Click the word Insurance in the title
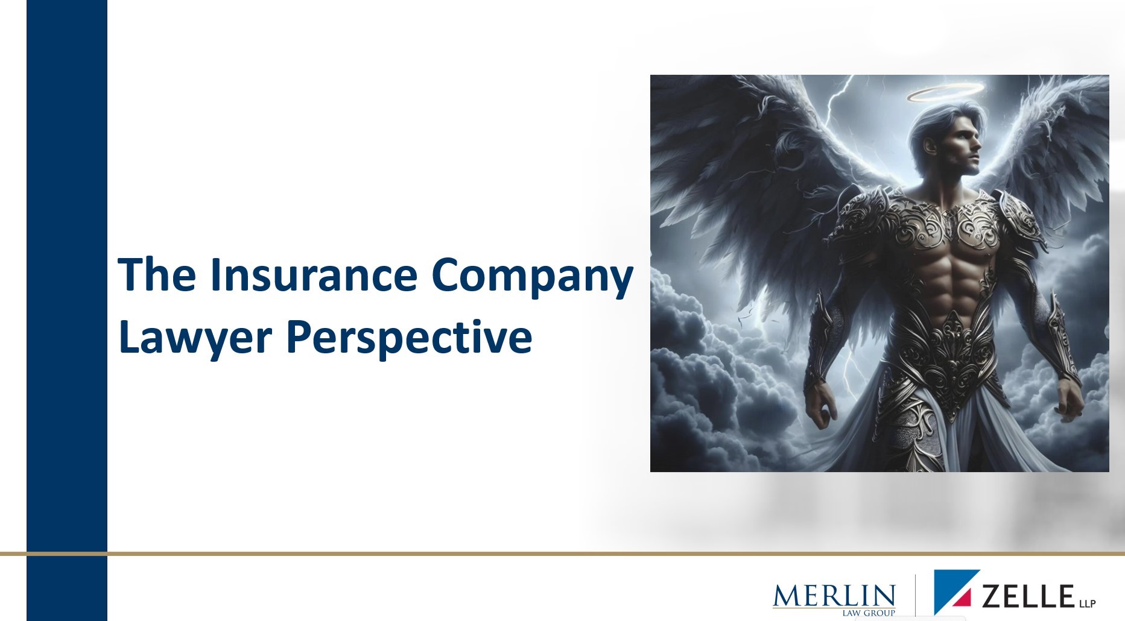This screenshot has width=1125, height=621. click(313, 274)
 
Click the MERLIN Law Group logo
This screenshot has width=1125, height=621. click(834, 599)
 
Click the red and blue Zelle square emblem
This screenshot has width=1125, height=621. click(957, 591)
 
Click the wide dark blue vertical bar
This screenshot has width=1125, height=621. click(67, 310)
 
